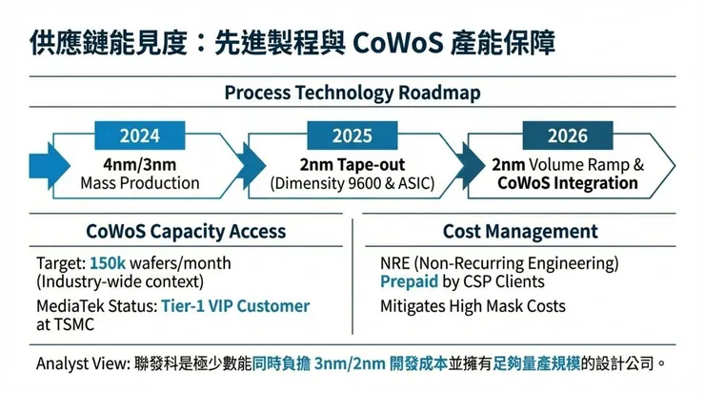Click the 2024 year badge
(139, 135)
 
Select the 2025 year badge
(352, 135)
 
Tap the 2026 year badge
(568, 135)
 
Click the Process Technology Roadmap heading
(352, 93)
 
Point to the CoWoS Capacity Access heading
(186, 232)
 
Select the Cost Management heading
(520, 232)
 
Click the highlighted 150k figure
(108, 263)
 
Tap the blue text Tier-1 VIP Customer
(235, 305)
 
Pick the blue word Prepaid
(409, 281)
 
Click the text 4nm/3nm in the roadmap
(140, 165)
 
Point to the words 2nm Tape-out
(352, 165)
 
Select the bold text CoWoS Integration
(568, 183)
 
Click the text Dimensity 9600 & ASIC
(352, 183)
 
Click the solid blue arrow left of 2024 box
(50, 166)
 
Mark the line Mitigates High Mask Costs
(473, 306)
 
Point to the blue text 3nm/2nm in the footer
(350, 363)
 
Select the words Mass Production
(140, 183)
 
